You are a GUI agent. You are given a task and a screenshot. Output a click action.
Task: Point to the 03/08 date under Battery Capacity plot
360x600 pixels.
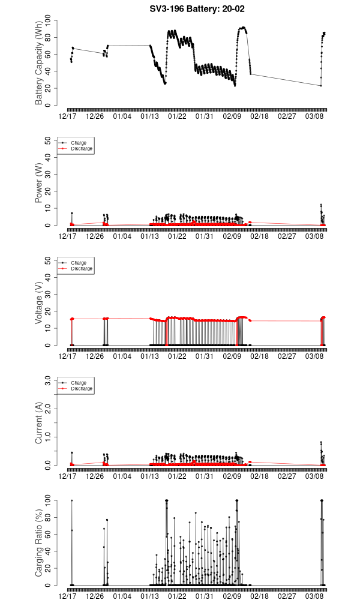(314, 116)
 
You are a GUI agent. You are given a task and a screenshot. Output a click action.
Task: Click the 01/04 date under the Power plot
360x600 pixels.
(122, 236)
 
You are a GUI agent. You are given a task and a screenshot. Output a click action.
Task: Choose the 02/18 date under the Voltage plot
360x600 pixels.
(259, 356)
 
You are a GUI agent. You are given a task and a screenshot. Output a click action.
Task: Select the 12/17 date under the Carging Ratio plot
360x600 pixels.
(67, 596)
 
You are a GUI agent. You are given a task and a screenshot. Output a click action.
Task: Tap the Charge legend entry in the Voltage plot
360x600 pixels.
(79, 263)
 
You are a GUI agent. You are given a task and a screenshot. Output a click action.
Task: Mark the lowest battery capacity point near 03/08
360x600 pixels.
(321, 86)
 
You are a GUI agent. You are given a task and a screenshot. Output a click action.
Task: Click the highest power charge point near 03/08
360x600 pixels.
(321, 205)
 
